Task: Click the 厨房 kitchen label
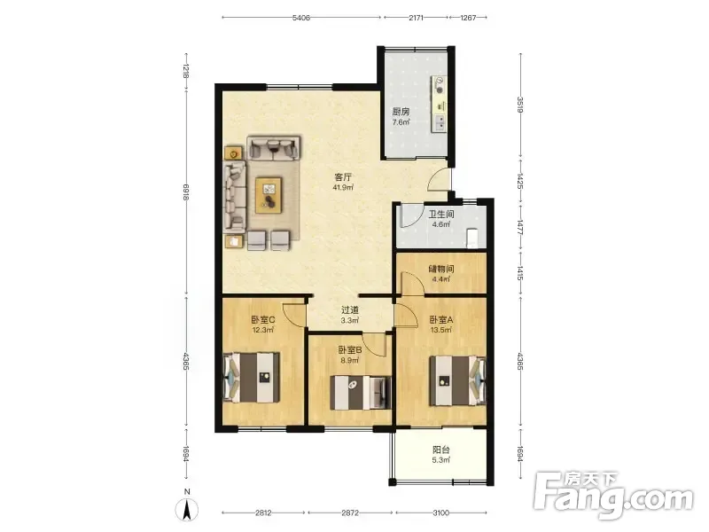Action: pos(401,112)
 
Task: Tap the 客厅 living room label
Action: pos(343,176)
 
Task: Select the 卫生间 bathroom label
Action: pos(441,214)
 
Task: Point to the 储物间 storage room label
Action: pos(441,269)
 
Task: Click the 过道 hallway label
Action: pos(349,309)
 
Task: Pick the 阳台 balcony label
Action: pos(440,450)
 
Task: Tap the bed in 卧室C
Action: pos(252,378)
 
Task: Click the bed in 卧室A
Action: pos(457,381)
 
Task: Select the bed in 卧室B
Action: pos(361,392)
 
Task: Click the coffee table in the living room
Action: pos(269,195)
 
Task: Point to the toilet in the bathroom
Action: pos(471,239)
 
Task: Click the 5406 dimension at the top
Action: pos(301,18)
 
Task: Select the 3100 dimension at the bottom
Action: pos(440,512)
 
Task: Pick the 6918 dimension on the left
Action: pos(186,192)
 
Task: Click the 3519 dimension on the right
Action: pos(520,105)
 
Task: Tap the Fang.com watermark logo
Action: pos(613,496)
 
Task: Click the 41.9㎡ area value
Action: pos(343,187)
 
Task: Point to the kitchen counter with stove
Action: pos(439,104)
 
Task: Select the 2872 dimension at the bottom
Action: pos(350,512)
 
